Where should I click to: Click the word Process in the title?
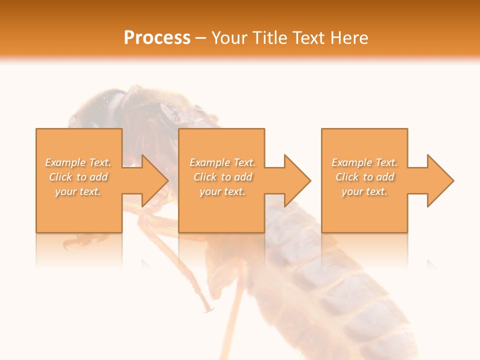[x=157, y=38]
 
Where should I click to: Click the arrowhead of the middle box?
[x=296, y=180]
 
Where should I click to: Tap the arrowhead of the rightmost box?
[x=439, y=180]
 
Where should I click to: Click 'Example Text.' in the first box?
[x=78, y=162]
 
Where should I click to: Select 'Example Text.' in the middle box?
[x=222, y=162]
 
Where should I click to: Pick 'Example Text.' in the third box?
[x=364, y=162]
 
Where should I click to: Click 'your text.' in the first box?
[x=78, y=191]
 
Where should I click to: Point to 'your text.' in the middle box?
[x=222, y=191]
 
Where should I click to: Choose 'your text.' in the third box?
[x=364, y=191]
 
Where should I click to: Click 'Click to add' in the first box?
[x=78, y=177]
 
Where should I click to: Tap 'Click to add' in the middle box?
[x=222, y=177]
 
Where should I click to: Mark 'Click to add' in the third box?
[x=364, y=177]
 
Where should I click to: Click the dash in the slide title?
[x=200, y=38]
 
